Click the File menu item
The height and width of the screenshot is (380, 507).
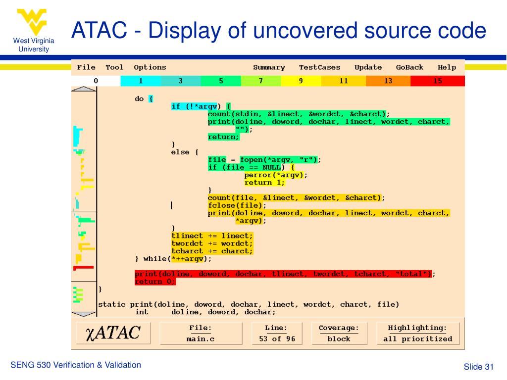click(86, 67)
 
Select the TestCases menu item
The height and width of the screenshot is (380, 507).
click(319, 67)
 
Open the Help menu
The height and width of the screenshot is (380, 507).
click(447, 67)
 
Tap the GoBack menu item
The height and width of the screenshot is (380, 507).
click(409, 67)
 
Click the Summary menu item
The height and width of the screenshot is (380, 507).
click(269, 67)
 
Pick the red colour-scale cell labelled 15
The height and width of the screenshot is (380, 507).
click(438, 81)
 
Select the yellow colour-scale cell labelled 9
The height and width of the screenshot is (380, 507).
click(301, 81)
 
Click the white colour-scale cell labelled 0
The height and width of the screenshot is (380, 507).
click(96, 81)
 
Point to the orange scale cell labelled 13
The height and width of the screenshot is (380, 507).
click(388, 81)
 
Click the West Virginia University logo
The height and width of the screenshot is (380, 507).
click(33, 31)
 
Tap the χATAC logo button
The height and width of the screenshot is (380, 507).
click(113, 333)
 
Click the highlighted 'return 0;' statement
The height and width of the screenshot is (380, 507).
click(155, 282)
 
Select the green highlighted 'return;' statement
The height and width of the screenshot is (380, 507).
click(223, 137)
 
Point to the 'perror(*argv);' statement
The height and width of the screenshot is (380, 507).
click(275, 175)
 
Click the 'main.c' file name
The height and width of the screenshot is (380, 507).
click(201, 339)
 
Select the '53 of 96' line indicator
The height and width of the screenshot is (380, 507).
click(277, 339)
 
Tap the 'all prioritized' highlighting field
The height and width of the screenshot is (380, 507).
click(418, 339)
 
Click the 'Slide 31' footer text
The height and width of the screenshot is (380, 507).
click(479, 367)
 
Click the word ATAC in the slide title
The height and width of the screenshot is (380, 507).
click(99, 30)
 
